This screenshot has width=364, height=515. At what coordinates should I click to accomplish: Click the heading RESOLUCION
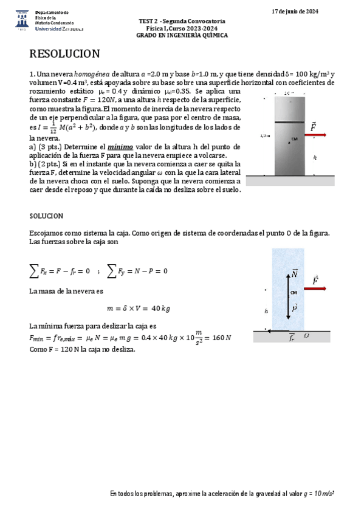[x=64, y=54]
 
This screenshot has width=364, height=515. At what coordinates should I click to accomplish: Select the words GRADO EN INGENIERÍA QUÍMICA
[x=182, y=35]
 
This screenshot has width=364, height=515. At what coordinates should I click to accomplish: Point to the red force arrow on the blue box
[x=316, y=289]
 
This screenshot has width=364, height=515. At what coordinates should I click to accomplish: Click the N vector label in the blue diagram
[x=295, y=274]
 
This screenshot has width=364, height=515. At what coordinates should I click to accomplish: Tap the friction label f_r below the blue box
[x=292, y=338]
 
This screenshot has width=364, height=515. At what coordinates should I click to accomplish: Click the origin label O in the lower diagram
[x=306, y=336]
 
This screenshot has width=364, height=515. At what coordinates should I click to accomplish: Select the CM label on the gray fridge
[x=294, y=140]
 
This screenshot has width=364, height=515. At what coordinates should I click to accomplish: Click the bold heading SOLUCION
[x=47, y=216]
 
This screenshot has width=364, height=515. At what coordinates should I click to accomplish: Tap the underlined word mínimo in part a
[x=120, y=146]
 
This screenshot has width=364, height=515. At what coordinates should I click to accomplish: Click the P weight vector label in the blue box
[x=294, y=308]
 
